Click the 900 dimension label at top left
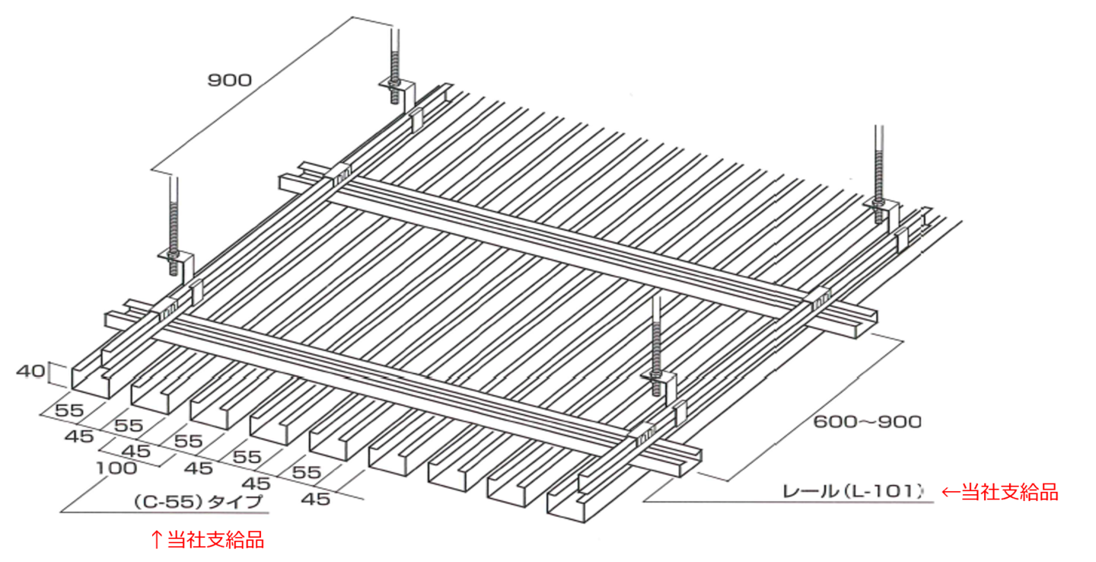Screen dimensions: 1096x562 coord(230,80)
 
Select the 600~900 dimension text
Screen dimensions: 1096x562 coord(868,422)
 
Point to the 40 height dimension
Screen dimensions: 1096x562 coord(30,371)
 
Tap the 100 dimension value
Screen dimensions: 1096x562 coord(116,468)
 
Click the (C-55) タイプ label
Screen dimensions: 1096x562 coord(198,502)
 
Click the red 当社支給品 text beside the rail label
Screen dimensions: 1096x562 coord(1010,491)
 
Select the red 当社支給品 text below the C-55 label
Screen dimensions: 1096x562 coord(216,539)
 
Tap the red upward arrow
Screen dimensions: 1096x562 coord(157,539)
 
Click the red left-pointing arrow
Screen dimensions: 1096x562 coord(951,492)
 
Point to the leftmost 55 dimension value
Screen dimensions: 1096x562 coord(69,410)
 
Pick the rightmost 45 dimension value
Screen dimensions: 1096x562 coord(316,500)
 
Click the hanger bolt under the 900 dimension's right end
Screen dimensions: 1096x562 coord(395,66)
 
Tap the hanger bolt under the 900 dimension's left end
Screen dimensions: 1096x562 coord(174,226)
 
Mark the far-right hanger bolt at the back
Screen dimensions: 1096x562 coord(879,174)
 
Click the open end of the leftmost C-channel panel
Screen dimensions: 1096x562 coord(91,378)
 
